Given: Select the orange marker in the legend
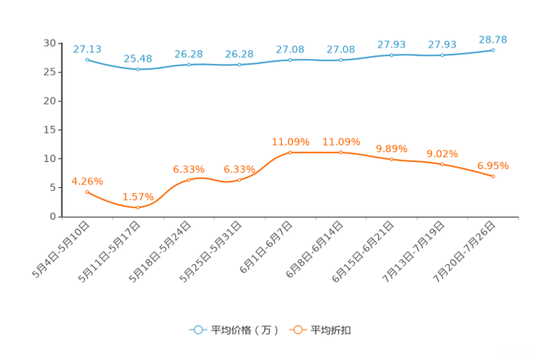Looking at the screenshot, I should pyautogui.click(x=297, y=330).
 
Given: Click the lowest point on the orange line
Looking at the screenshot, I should pyautogui.click(x=138, y=208).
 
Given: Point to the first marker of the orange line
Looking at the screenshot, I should pyautogui.click(x=87, y=192).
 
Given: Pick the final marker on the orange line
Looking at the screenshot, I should pyautogui.click(x=494, y=176).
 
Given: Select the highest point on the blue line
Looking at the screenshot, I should pyautogui.click(x=494, y=50).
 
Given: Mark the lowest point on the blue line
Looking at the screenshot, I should pyautogui.click(x=138, y=69).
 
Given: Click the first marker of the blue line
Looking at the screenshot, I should pyautogui.click(x=87, y=60).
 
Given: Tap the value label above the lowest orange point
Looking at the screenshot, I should pyautogui.click(x=138, y=197).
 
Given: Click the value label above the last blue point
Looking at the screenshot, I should pyautogui.click(x=494, y=38).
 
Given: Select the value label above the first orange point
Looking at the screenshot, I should pyautogui.click(x=87, y=181).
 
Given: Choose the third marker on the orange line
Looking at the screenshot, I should pyautogui.click(x=189, y=180).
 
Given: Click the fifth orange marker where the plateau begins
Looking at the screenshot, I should pyautogui.click(x=290, y=152).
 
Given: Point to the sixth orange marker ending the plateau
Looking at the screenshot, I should pyautogui.click(x=341, y=152).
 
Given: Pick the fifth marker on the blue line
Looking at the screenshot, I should pyautogui.click(x=290, y=60).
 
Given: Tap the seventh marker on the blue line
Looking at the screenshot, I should pyautogui.click(x=392, y=55).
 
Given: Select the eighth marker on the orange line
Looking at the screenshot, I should pyautogui.click(x=443, y=164).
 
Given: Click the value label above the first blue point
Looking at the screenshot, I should pyautogui.click(x=87, y=49).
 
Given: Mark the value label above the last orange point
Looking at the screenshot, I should pyautogui.click(x=494, y=165).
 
